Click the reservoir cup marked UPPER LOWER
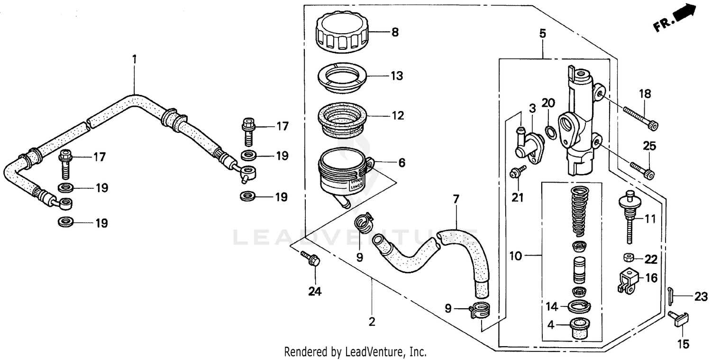point(342,175)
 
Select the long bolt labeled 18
point(640,118)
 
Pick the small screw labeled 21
point(517,173)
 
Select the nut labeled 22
point(629,258)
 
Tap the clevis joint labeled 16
point(627,279)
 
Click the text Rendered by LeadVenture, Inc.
point(355,352)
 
